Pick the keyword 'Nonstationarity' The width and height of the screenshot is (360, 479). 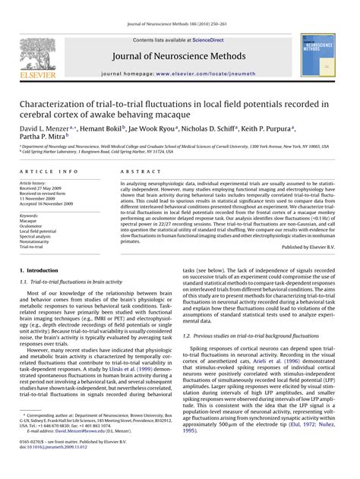[36, 241]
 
